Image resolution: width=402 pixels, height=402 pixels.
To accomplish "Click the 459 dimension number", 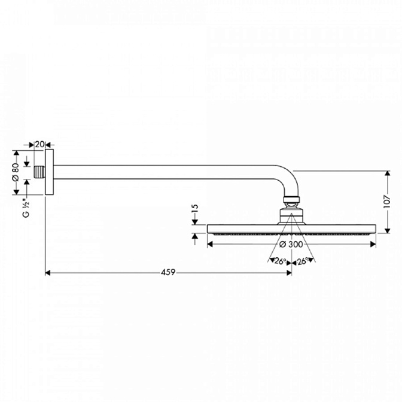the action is [x=168, y=272].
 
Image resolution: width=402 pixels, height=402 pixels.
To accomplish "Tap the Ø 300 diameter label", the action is [x=291, y=244].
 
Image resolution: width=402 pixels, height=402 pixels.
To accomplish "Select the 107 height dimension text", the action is [x=387, y=202].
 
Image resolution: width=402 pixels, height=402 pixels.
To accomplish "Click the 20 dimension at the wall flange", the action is [x=39, y=144].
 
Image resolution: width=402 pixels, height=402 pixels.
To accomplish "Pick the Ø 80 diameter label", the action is [x=16, y=172].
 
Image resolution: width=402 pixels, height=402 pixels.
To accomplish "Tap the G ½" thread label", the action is [x=26, y=208].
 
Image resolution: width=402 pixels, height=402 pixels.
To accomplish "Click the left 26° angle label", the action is [x=280, y=261].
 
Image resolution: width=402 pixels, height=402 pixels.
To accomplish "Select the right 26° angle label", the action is [x=303, y=261].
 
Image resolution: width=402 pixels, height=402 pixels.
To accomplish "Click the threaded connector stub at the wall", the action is [x=39, y=172].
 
